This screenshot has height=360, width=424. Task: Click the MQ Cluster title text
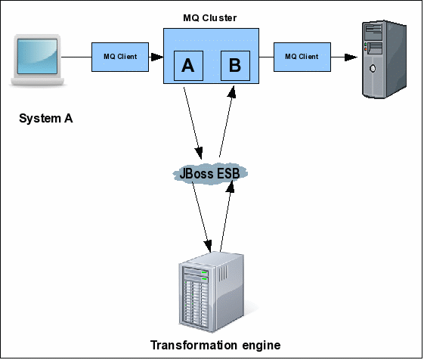210,18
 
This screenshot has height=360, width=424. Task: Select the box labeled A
188,66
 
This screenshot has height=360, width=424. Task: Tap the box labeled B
235,66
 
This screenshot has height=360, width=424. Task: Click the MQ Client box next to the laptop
120,57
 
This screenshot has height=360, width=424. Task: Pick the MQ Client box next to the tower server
302,57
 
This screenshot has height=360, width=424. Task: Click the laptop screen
37,56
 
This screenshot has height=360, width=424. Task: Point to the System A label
45,119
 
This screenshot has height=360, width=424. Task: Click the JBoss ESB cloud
210,173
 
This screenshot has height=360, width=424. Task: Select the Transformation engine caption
215,345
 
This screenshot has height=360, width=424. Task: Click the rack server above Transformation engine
211,292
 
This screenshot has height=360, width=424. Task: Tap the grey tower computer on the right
384,59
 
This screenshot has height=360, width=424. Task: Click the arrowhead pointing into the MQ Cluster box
157,57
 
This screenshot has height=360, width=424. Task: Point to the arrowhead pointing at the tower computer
351,57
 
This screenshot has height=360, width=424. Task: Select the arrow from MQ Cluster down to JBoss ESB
193,123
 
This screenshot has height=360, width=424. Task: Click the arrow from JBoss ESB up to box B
227,121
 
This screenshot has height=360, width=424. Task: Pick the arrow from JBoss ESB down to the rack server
202,217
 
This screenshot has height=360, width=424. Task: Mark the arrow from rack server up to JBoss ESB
227,216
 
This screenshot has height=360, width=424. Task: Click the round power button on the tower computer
373,68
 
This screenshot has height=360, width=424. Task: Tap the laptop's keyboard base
37,82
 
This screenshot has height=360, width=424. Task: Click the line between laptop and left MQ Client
76,57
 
